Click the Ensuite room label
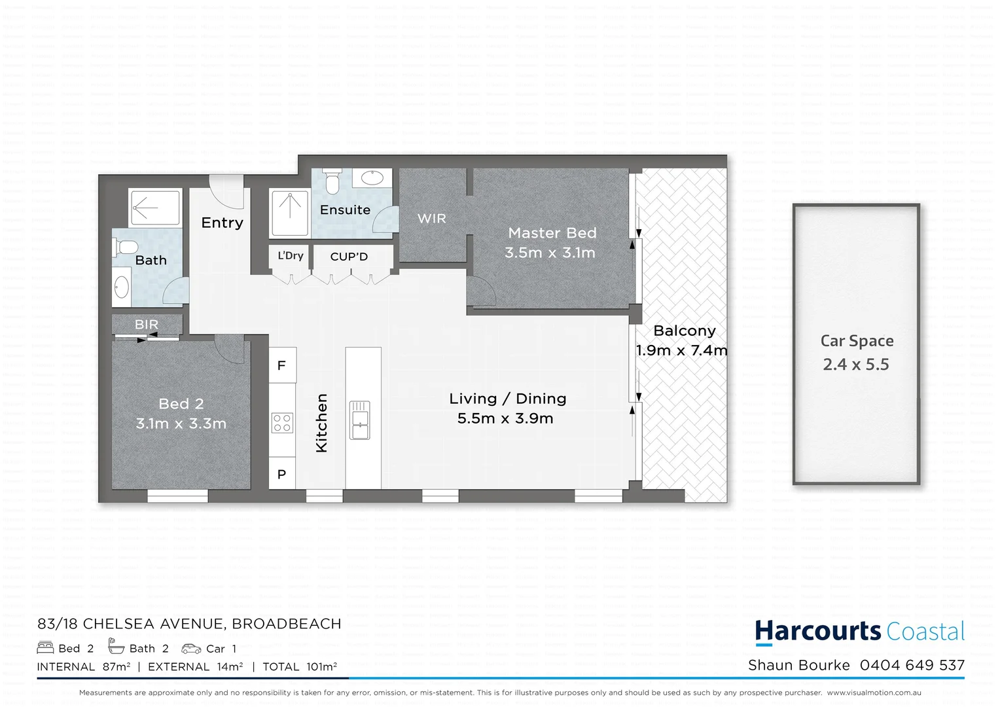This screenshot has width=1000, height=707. (345, 210)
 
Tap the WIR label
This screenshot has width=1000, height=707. (432, 219)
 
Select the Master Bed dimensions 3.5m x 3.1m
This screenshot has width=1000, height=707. (550, 253)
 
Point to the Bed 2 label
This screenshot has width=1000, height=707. (181, 404)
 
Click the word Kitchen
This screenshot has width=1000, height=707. (321, 423)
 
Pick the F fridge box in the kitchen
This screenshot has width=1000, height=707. (282, 366)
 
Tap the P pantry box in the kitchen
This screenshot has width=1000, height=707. (282, 475)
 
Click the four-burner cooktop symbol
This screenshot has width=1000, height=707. (283, 423)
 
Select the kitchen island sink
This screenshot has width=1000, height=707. (360, 420)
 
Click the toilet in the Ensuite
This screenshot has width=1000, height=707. (332, 181)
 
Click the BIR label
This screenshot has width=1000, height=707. (147, 325)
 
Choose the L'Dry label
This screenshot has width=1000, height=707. (291, 256)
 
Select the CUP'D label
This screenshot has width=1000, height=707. (349, 257)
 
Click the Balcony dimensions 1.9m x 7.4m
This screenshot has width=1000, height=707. (681, 351)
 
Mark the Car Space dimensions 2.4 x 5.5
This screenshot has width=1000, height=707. (856, 365)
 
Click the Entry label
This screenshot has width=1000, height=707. (223, 223)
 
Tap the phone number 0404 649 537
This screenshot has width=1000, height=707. (912, 666)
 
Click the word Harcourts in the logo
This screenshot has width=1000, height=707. (818, 632)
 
